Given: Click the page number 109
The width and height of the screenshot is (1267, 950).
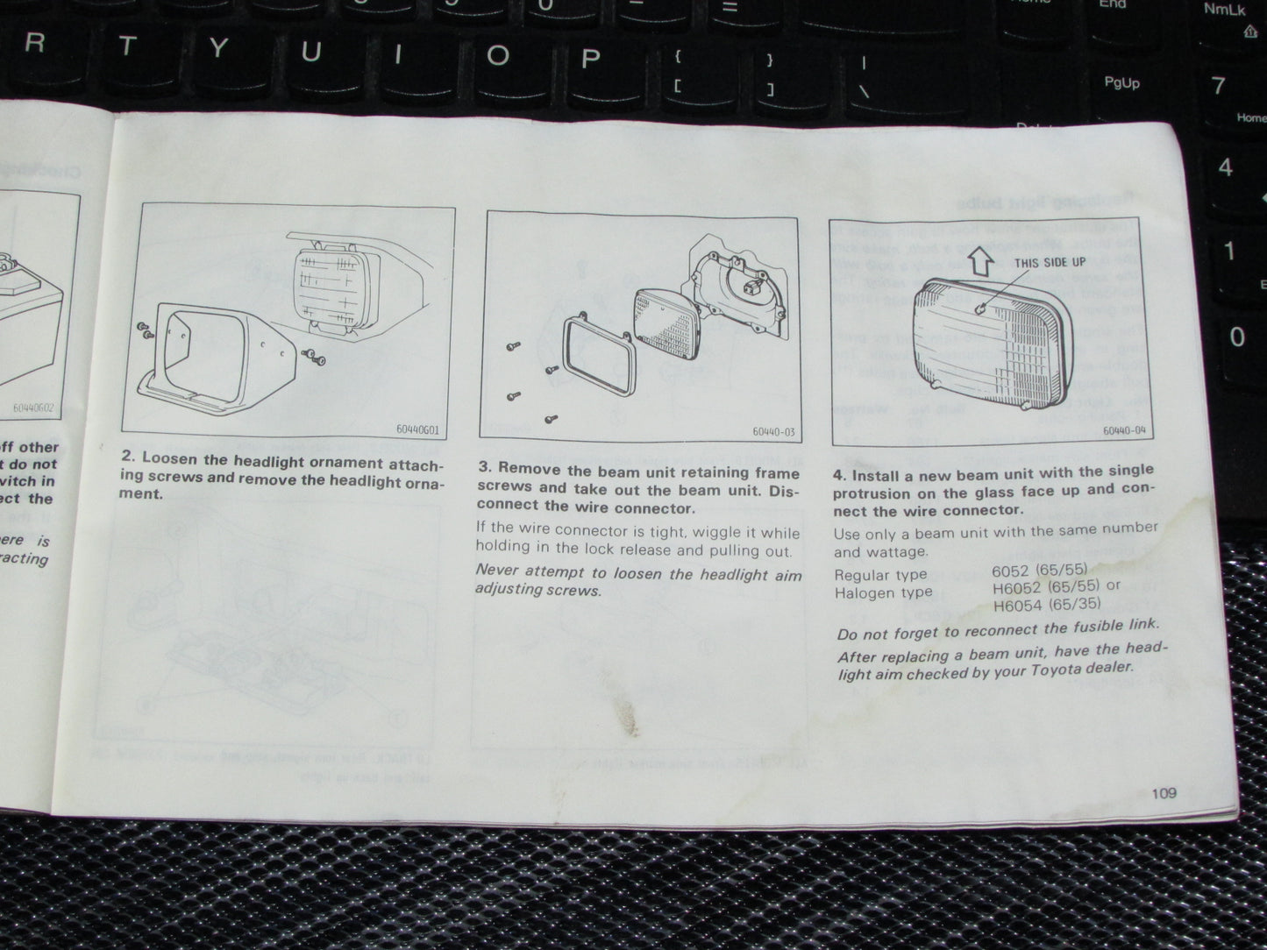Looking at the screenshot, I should point(1164,793).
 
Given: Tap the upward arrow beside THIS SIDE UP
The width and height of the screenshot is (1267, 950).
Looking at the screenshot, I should point(982,259).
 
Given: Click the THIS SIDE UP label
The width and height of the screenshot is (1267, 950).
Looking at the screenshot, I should point(1050,263).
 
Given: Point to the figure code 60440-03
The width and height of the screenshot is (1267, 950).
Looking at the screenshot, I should point(772,431).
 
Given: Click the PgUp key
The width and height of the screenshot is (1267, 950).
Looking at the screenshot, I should point(1121,83).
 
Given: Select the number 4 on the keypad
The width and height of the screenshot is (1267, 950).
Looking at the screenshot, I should point(1226,167).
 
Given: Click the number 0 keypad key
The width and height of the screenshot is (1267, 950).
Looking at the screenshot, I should point(1236,337).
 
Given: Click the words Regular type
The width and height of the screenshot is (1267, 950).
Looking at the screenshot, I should point(880,575).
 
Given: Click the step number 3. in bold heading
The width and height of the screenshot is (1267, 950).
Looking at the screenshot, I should point(483,469).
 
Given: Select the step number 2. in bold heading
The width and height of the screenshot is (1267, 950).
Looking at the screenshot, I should point(129,457).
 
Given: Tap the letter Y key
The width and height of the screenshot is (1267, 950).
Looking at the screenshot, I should point(216,49).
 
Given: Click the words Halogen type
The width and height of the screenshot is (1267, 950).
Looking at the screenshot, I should point(883,593).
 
